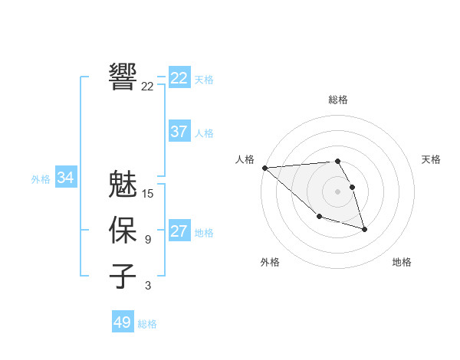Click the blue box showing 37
(x=179, y=132)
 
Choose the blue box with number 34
(x=66, y=178)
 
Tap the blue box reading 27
(x=179, y=231)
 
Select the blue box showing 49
(x=122, y=322)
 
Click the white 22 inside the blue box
(x=179, y=78)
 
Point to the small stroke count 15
(x=148, y=194)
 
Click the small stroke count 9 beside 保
(x=148, y=240)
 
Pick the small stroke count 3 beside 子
(x=148, y=286)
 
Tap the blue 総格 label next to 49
(x=147, y=324)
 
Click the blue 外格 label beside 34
(x=41, y=179)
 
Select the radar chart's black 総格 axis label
(x=338, y=100)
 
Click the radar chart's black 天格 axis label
(x=432, y=159)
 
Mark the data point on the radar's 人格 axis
(x=264, y=167)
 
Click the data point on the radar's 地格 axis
(x=364, y=229)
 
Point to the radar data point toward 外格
(x=319, y=217)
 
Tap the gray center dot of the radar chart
(x=338, y=191)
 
